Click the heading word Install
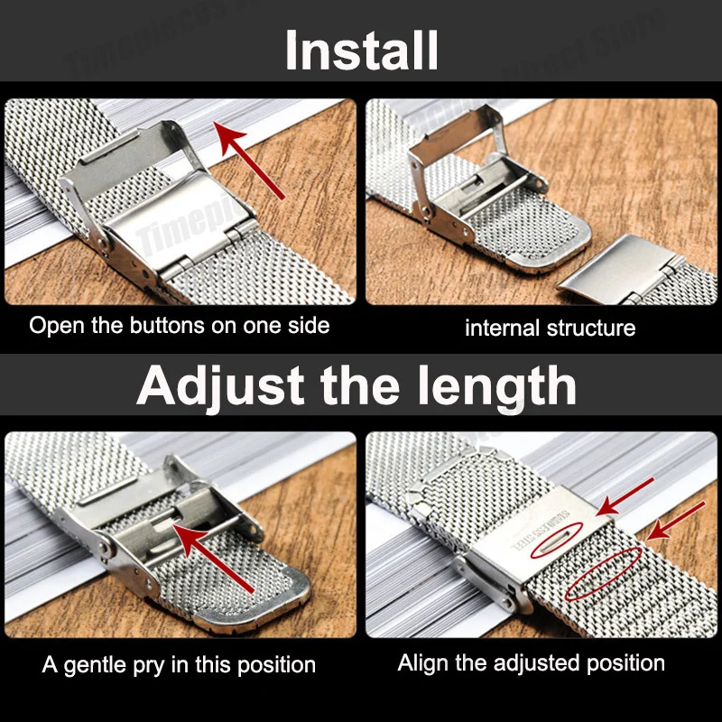361,51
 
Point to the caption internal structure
550,328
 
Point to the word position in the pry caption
271,666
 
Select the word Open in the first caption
53,326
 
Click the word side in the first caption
308,326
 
